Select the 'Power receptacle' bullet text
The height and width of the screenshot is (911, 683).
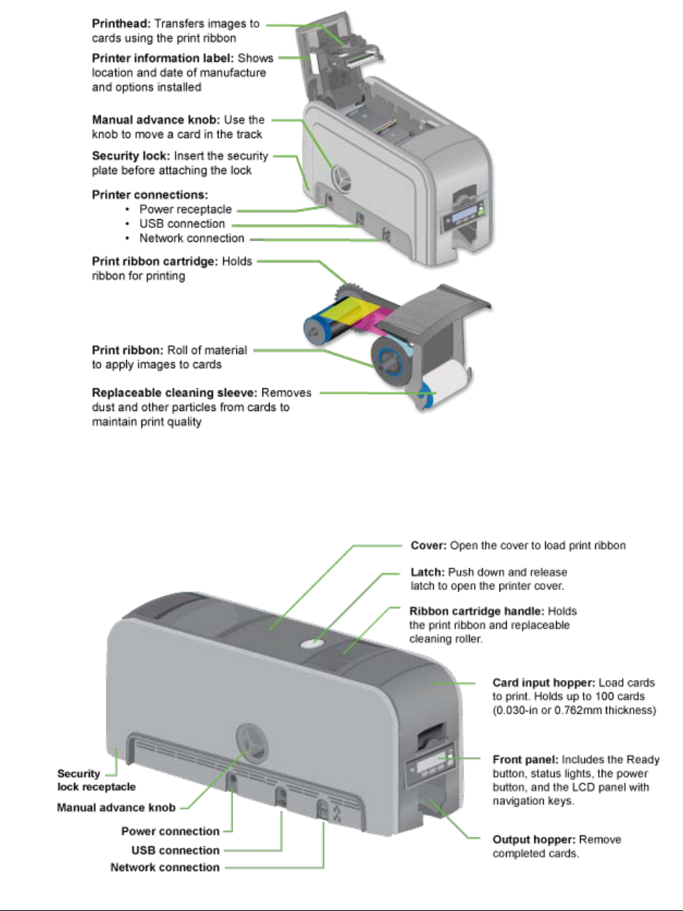click(186, 210)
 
